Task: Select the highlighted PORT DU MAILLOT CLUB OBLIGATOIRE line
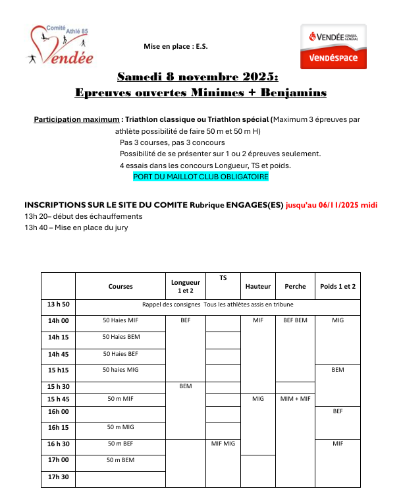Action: (201, 177)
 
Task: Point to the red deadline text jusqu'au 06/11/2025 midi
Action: (331, 204)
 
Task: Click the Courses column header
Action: (120, 286)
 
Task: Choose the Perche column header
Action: (295, 286)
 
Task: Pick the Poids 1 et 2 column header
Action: (338, 286)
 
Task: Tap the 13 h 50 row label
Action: (58, 305)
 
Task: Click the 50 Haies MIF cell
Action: (120, 321)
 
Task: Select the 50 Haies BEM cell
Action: (120, 337)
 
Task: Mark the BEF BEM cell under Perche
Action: (295, 321)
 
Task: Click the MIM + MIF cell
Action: (295, 399)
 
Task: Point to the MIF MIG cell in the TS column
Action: (223, 444)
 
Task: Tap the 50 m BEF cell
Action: (120, 444)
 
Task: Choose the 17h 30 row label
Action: (58, 477)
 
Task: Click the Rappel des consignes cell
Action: (218, 305)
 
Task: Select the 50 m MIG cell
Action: (120, 427)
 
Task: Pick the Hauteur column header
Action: (257, 286)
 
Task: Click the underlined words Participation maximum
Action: (75, 119)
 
